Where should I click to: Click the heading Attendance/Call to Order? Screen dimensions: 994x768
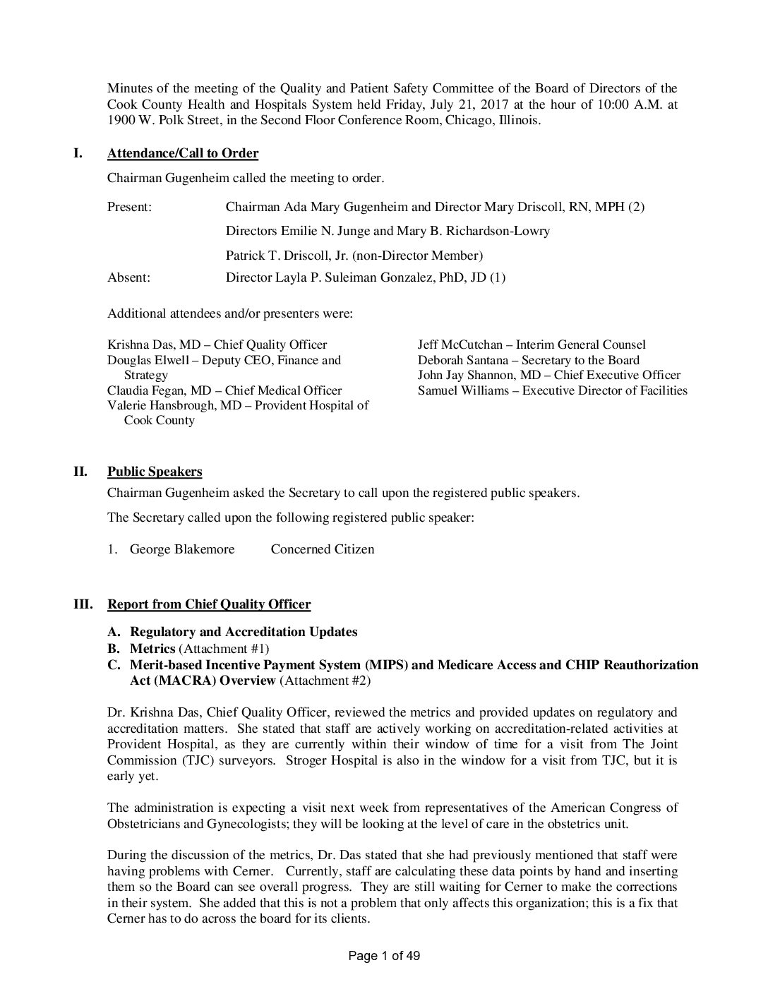[x=183, y=153]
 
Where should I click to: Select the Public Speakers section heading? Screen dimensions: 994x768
[x=155, y=472]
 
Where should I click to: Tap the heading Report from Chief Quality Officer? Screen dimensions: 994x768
[x=209, y=604]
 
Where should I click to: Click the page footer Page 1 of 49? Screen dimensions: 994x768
[x=385, y=957]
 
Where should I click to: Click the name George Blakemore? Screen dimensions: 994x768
[x=182, y=549]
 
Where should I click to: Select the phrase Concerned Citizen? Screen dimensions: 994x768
[x=323, y=549]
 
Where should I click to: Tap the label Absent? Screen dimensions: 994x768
[x=128, y=277]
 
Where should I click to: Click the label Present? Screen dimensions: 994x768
[x=130, y=207]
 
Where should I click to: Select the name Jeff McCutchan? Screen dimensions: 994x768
[x=460, y=345]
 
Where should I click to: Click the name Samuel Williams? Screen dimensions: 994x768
[x=463, y=390]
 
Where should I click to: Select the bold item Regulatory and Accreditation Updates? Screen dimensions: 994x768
[x=244, y=632]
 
